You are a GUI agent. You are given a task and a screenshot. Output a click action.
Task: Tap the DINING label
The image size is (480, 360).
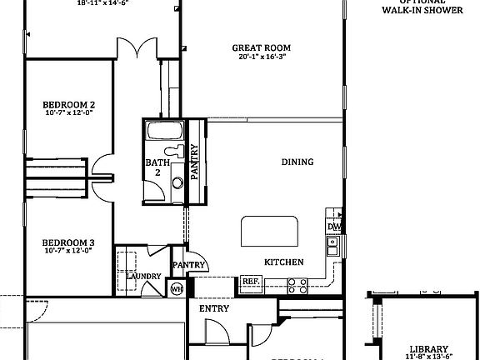(297, 162)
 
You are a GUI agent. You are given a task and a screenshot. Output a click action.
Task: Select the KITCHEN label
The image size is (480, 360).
(283, 262)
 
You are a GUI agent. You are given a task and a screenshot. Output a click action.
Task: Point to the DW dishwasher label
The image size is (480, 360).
(334, 227)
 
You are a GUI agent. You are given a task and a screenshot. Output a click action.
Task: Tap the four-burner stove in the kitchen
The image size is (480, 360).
(298, 285)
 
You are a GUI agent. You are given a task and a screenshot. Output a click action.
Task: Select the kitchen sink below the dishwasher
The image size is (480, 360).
(332, 245)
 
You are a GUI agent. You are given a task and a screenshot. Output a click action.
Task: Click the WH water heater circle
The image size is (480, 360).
(177, 289)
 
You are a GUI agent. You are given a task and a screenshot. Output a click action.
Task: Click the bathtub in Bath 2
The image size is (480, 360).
(162, 132)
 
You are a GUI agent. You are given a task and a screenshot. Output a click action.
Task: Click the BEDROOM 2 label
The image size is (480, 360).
(68, 105)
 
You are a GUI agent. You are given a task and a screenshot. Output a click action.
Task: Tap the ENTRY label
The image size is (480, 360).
(213, 308)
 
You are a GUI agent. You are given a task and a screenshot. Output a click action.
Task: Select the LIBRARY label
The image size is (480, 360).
(429, 349)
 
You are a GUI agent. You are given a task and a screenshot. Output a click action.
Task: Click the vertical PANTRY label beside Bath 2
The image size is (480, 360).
(195, 162)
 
